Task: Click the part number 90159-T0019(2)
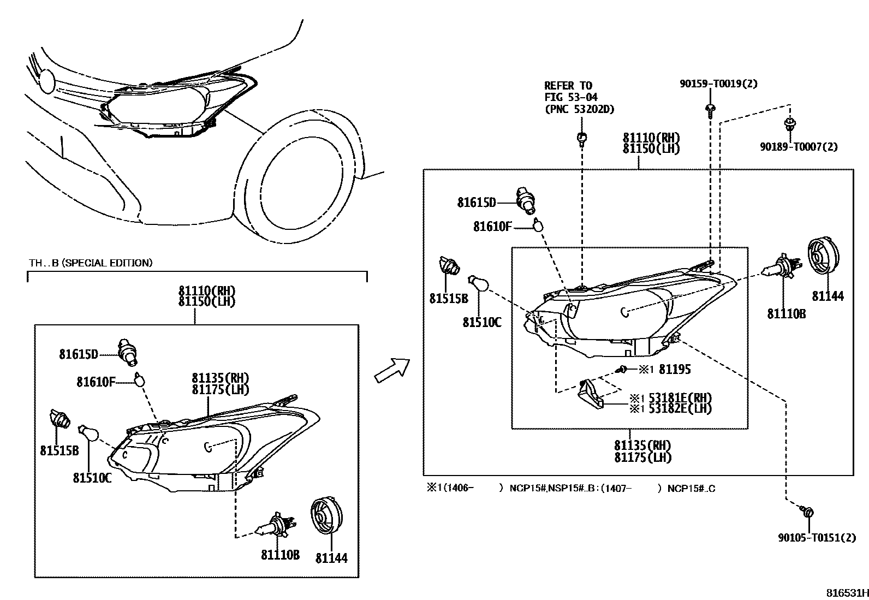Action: pos(718,84)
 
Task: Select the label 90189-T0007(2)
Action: pos(799,146)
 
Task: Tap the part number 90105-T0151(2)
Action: pos(817,538)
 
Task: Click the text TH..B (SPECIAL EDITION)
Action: pos(91,263)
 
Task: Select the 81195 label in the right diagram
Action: pos(675,370)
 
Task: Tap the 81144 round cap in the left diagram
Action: pos(328,516)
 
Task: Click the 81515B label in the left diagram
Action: pos(59,450)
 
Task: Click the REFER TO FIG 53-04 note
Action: pos(579,97)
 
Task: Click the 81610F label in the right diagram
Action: pos(492,226)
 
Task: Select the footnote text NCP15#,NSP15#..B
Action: pos(568,488)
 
